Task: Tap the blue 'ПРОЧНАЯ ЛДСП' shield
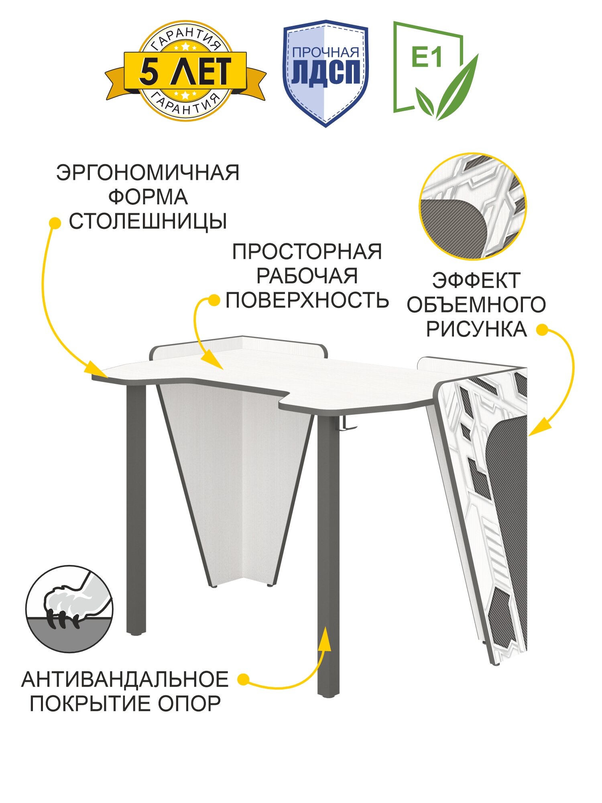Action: click(325, 73)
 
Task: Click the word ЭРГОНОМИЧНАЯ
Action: click(148, 173)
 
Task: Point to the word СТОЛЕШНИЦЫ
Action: click(148, 221)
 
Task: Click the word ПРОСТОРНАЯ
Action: click(307, 252)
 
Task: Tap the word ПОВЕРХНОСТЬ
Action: click(307, 300)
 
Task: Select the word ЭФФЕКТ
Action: click(476, 281)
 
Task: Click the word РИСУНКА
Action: click(476, 329)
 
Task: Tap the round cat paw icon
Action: click(69, 609)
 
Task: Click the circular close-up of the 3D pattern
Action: click(473, 206)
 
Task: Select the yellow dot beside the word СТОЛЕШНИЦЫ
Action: click(55, 223)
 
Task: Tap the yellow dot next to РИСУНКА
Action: click(542, 330)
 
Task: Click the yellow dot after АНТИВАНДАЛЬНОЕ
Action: click(243, 679)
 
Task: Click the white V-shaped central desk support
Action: click(237, 482)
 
